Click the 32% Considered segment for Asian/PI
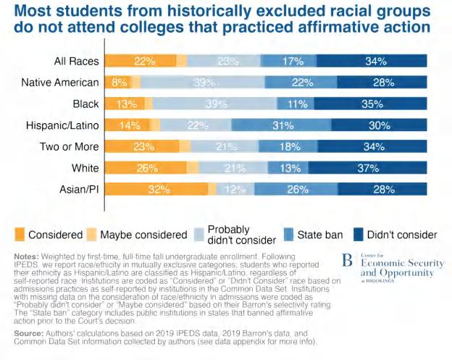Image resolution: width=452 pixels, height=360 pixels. (157, 191)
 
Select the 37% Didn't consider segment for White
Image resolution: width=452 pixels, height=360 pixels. (372, 169)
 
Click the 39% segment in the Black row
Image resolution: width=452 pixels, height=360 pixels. (215, 104)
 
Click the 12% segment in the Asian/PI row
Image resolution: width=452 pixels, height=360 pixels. (234, 191)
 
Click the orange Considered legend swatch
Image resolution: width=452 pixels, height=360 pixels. (21, 234)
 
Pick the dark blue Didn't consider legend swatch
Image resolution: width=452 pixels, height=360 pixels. (359, 234)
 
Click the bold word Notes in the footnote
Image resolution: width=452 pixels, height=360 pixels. (27, 256)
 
